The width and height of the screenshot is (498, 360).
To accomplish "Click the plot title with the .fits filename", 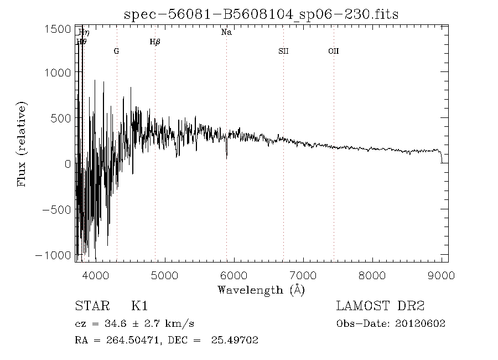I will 261,14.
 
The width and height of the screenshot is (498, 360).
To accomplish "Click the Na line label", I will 226,33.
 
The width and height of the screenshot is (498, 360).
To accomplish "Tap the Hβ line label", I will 155,42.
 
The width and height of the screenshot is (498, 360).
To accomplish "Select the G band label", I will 116,51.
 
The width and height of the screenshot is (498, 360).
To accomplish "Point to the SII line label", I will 283,51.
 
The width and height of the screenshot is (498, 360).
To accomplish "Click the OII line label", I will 333,51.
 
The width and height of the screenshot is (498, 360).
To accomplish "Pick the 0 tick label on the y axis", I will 68,164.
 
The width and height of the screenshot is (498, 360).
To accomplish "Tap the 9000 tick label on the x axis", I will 441,275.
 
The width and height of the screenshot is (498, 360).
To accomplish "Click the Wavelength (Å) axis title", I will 261,290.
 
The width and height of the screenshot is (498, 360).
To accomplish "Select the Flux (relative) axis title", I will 23,144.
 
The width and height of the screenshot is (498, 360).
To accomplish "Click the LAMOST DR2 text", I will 380,306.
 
